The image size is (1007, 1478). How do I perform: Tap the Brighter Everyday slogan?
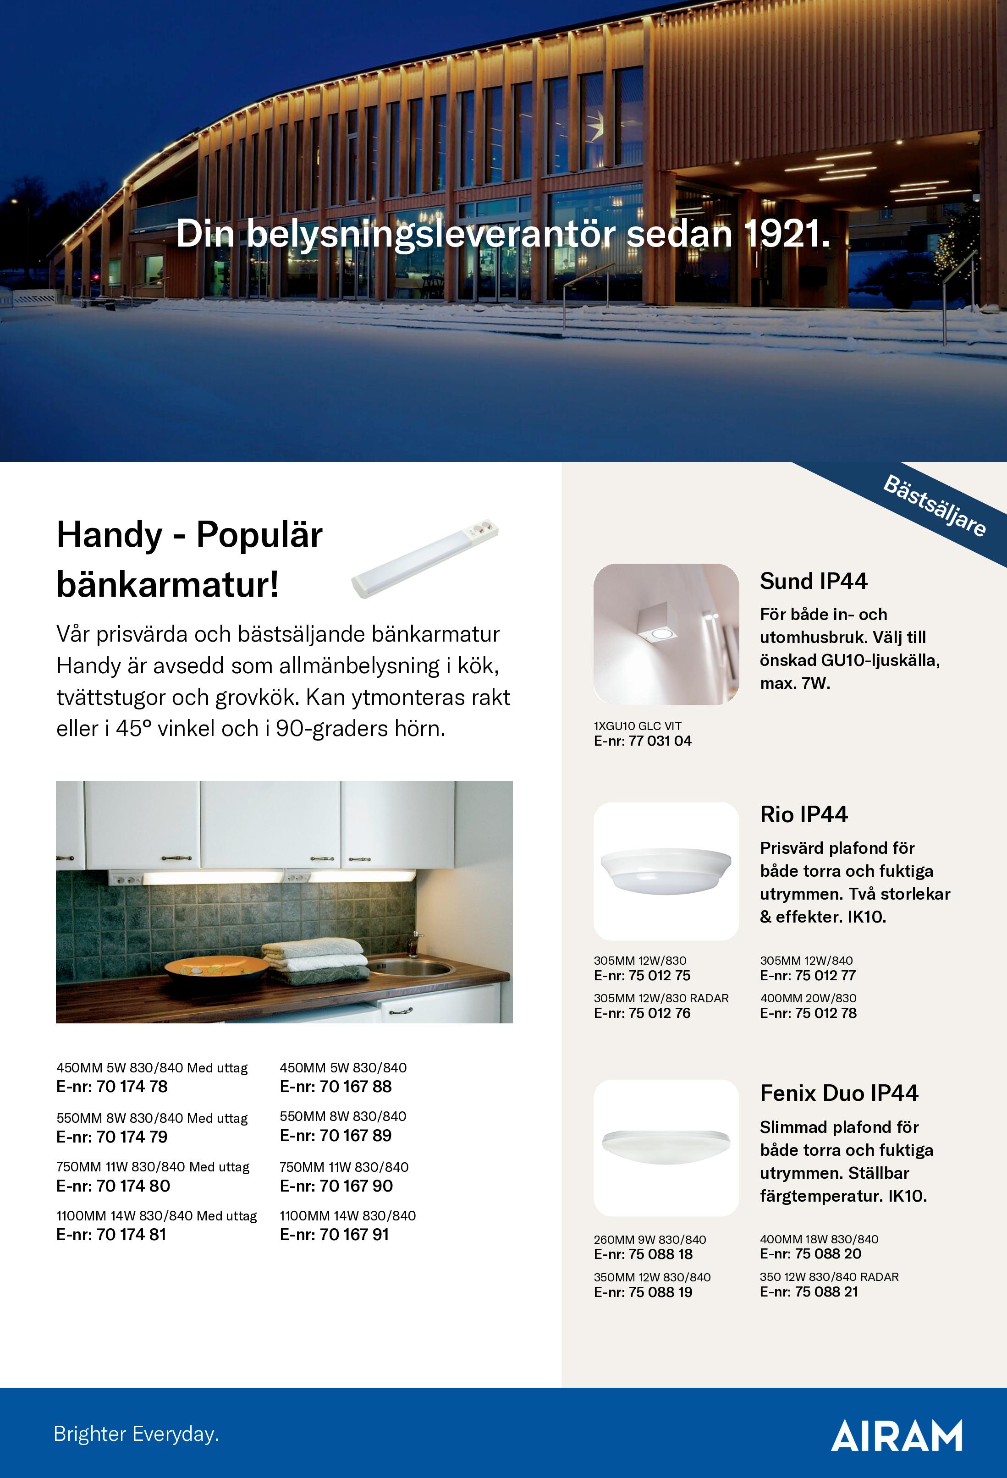(x=136, y=1434)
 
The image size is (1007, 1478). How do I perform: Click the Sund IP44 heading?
(x=814, y=581)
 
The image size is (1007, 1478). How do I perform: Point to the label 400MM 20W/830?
(x=808, y=998)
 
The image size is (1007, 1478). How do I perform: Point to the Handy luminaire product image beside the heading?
(x=425, y=558)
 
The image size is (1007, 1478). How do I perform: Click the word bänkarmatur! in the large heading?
(x=167, y=584)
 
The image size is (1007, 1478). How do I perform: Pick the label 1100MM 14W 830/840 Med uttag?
(x=156, y=1215)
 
